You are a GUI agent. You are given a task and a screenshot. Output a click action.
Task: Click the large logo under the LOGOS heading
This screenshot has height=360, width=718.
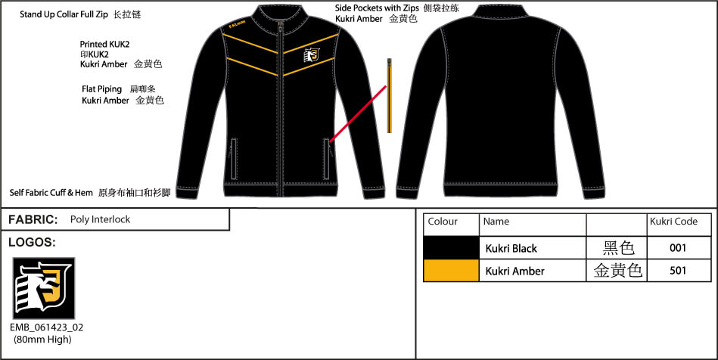(43, 288)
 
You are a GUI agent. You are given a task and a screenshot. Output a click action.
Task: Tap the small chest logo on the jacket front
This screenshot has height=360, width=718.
(312, 54)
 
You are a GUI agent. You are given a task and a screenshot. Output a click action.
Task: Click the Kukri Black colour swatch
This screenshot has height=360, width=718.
(451, 248)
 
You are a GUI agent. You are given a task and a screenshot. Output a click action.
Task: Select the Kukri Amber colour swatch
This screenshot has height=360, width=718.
(451, 270)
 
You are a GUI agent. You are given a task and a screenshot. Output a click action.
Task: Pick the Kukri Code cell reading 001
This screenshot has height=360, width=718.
(678, 248)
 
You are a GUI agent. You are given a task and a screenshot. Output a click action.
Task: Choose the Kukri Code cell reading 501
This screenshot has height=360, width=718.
(678, 270)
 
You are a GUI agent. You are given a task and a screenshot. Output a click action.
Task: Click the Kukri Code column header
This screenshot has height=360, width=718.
(673, 222)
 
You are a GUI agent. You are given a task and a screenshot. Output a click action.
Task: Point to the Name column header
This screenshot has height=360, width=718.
(496, 222)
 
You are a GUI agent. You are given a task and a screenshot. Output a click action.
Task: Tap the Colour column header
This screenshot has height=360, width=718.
(443, 222)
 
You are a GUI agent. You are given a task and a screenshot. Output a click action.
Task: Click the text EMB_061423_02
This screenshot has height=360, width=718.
(47, 327)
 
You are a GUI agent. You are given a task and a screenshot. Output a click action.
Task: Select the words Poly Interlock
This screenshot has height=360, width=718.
(101, 219)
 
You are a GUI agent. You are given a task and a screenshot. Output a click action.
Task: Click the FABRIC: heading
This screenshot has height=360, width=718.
(33, 220)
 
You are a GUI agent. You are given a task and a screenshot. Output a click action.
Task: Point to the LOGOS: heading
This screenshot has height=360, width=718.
(32, 242)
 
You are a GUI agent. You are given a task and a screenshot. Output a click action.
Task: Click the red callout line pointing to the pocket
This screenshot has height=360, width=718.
(359, 113)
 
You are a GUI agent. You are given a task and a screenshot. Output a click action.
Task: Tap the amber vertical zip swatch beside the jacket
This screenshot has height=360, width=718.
(389, 95)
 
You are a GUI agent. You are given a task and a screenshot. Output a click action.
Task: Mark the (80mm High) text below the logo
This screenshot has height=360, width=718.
(42, 340)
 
